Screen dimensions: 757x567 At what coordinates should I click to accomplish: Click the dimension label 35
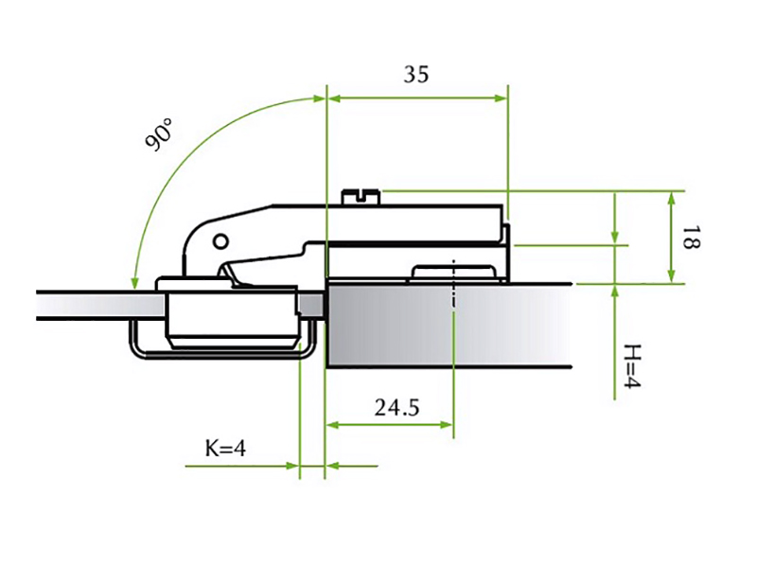(x=416, y=75)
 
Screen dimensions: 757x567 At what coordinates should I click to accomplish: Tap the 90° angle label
(x=159, y=135)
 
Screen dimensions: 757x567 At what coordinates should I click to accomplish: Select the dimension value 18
(x=691, y=237)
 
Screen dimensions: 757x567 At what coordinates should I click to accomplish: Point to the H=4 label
(x=632, y=366)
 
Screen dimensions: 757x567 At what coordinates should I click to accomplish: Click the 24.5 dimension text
(x=396, y=408)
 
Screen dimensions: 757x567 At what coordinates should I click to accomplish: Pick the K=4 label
(x=225, y=449)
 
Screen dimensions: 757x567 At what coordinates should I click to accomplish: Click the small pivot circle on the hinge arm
(x=220, y=241)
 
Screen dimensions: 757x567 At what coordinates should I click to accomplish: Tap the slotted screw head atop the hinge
(x=361, y=197)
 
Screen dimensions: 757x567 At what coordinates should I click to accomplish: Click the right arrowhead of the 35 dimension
(x=502, y=98)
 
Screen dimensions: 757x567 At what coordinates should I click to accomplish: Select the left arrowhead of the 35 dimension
(x=334, y=98)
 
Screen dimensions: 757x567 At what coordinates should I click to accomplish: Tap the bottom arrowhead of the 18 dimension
(x=672, y=276)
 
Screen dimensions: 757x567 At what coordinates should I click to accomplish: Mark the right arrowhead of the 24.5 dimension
(x=447, y=425)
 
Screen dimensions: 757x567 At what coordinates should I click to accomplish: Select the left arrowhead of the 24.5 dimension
(x=333, y=425)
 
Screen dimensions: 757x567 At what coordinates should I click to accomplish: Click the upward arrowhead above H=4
(x=614, y=292)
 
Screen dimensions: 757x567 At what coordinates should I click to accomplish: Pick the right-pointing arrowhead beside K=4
(x=292, y=466)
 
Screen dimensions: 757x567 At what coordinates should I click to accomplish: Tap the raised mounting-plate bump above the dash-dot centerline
(x=453, y=273)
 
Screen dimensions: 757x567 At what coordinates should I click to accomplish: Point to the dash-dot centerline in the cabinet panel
(x=453, y=285)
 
